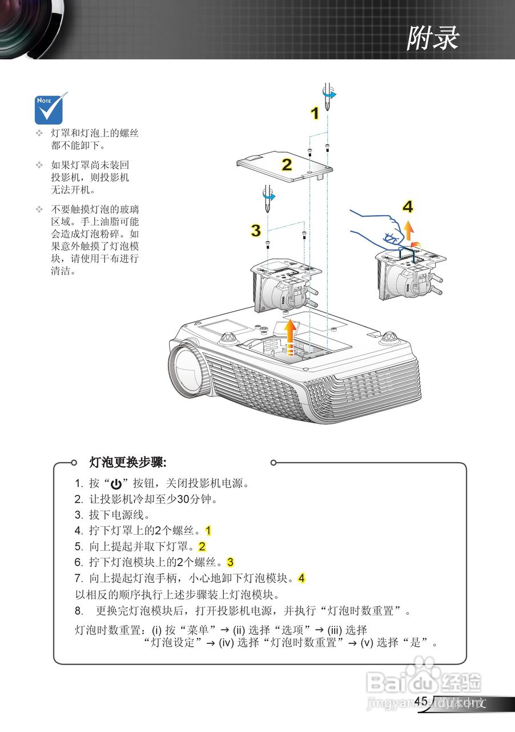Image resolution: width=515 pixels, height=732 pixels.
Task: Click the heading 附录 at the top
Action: coord(433,39)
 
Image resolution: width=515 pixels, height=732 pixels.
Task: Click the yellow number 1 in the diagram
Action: coord(315,114)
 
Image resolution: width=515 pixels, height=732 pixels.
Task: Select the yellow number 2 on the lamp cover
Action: coord(287,165)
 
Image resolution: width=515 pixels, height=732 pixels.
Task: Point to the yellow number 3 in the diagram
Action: coord(256,230)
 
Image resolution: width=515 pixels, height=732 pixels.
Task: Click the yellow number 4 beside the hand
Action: coord(407,206)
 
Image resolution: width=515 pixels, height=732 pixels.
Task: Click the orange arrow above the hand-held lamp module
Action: coord(409,230)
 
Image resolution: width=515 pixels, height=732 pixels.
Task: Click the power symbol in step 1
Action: coord(116,484)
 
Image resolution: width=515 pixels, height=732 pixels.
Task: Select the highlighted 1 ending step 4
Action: coord(208,530)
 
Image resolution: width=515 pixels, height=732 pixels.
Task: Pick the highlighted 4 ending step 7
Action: coord(301,578)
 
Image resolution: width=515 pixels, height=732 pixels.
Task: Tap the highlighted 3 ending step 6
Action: coord(231,562)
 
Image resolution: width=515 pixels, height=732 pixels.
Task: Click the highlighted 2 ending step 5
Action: coord(202,546)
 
